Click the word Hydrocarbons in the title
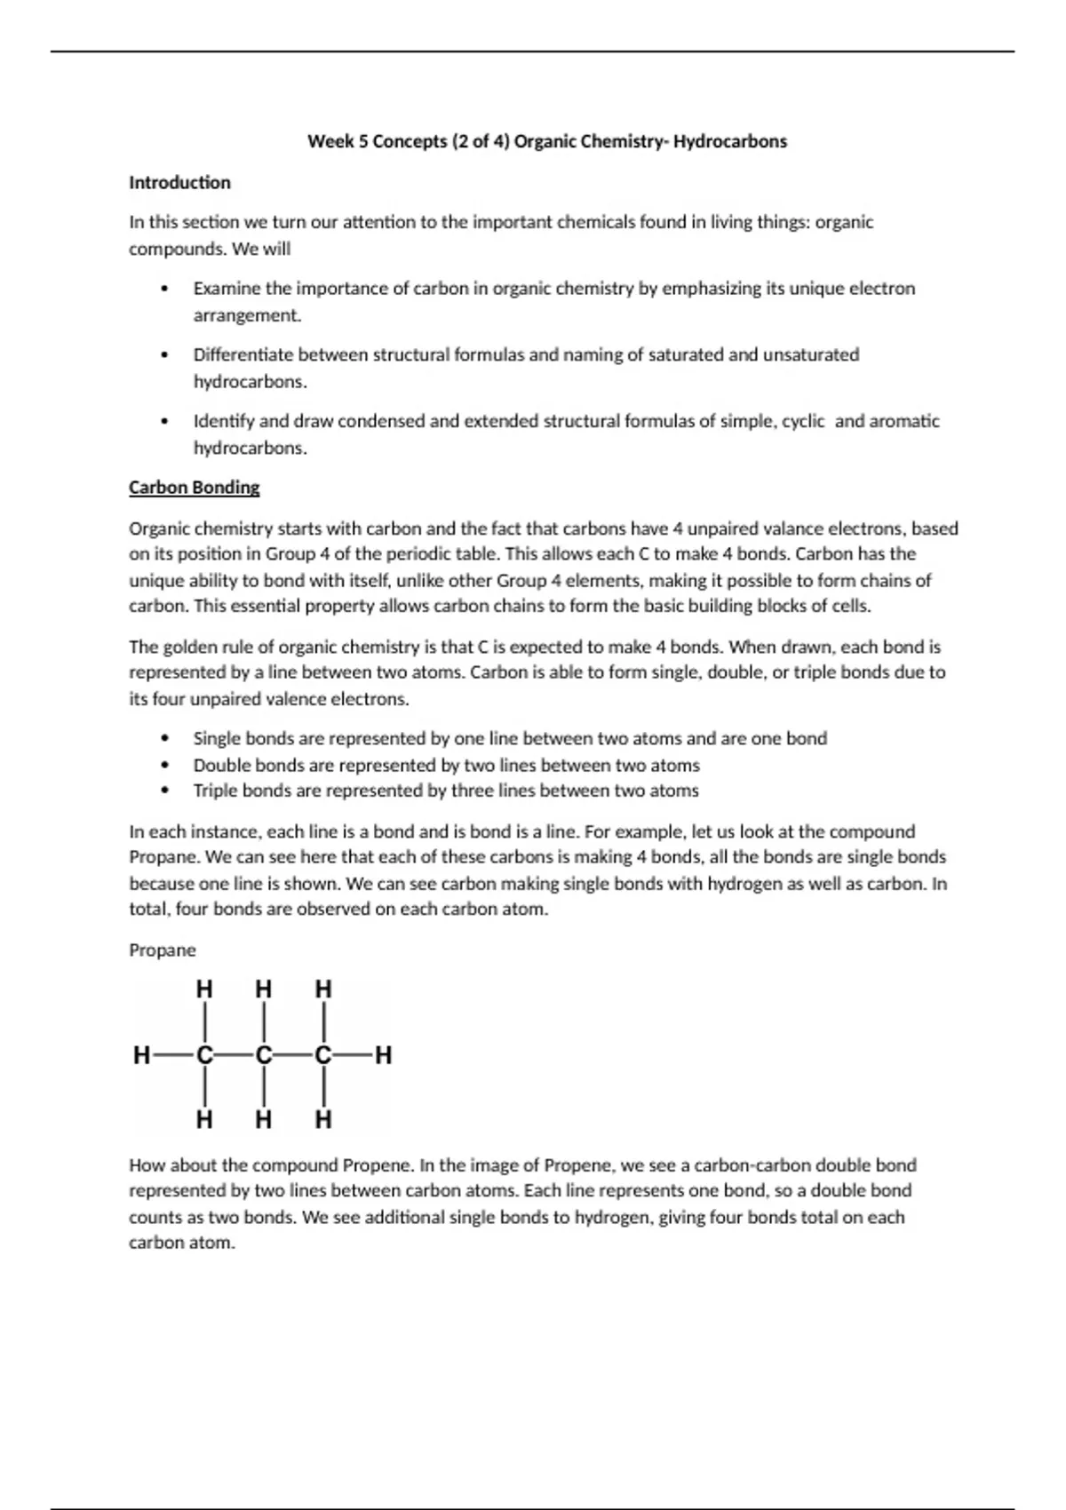coord(729,141)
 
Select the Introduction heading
coord(179,182)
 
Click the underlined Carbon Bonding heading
coord(194,487)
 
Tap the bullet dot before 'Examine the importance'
coord(164,289)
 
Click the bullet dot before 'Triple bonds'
coord(164,791)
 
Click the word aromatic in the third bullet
coord(903,421)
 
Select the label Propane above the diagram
coord(162,950)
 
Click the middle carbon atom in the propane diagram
coord(264,1055)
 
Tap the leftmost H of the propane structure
coord(141,1055)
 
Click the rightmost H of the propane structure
coord(383,1055)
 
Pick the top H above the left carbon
coord(204,989)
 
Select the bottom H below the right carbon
coord(323,1119)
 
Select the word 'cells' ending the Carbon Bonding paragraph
coord(850,606)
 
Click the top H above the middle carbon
coord(264,989)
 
